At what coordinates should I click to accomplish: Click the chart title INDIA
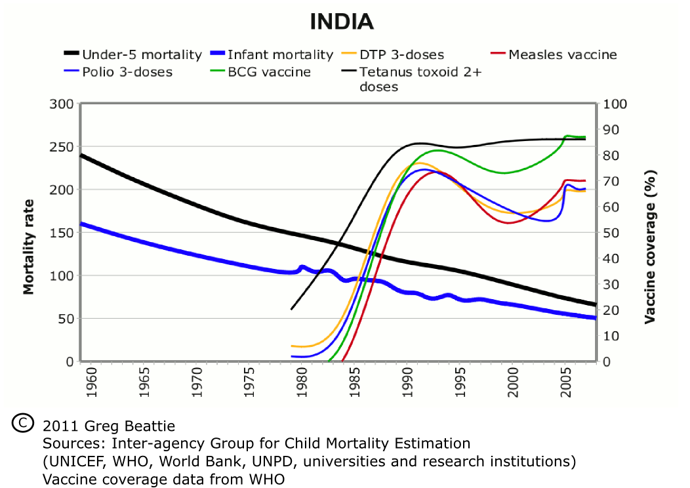point(342,22)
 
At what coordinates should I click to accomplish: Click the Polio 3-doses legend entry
point(127,71)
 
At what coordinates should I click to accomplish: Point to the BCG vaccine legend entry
point(269,71)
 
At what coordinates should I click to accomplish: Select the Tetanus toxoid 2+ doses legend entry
point(420,79)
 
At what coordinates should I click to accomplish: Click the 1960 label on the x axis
point(91,384)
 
